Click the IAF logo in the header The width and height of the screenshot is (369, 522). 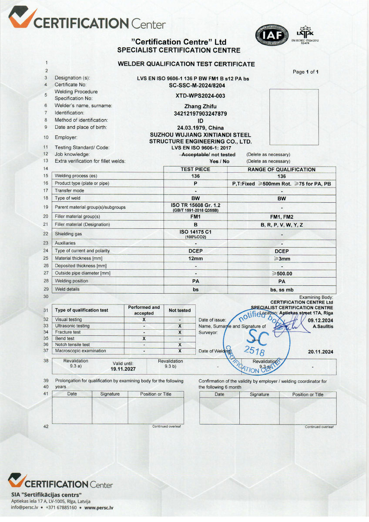[272, 35]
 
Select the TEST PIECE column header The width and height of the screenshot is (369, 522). [195, 169]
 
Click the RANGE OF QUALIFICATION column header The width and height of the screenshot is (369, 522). [282, 169]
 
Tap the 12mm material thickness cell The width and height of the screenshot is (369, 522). [195, 258]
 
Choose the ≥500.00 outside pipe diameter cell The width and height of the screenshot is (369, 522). [282, 274]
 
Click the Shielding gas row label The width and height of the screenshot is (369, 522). [68, 234]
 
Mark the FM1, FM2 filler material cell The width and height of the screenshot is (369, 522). [282, 216]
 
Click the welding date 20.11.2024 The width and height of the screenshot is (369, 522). [320, 352]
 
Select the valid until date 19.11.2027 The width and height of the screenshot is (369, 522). [123, 368]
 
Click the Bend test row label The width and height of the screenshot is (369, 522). [65, 338]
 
